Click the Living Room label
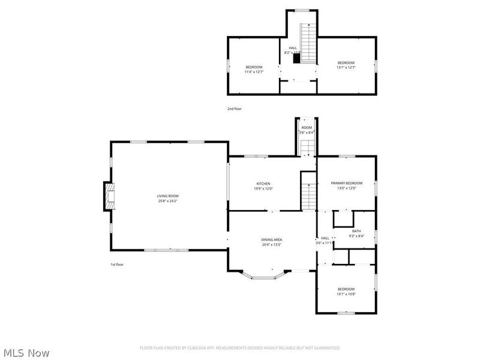coord(167,196)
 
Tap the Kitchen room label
coord(263,184)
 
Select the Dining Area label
coord(271,239)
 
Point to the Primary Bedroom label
coord(347,183)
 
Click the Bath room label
coord(356,231)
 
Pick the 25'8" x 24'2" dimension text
coord(167,201)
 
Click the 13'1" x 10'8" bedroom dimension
coord(346,294)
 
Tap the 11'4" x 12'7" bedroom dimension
coord(254,72)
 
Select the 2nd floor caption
coord(234,109)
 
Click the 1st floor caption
coord(116,265)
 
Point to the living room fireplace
coord(109,196)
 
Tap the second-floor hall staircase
coord(308,43)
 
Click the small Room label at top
coord(307,127)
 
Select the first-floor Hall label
coord(325,238)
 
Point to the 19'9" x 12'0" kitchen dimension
coord(263,189)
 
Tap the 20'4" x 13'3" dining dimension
coord(271,245)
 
